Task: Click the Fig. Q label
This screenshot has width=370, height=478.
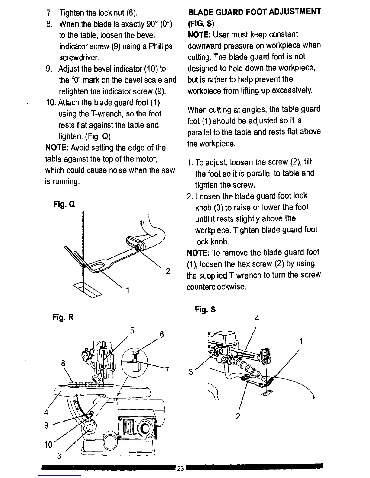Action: pos(63,204)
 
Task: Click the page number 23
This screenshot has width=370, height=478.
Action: pos(180,468)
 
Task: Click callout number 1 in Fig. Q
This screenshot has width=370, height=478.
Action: pos(128,290)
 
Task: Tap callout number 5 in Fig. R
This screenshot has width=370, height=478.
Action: pos(132,330)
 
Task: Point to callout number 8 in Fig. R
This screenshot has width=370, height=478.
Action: pos(63,364)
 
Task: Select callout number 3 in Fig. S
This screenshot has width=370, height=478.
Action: pos(191,372)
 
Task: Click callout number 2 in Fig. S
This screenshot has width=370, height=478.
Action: pos(238,416)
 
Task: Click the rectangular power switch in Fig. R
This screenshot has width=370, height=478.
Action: pos(128,428)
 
